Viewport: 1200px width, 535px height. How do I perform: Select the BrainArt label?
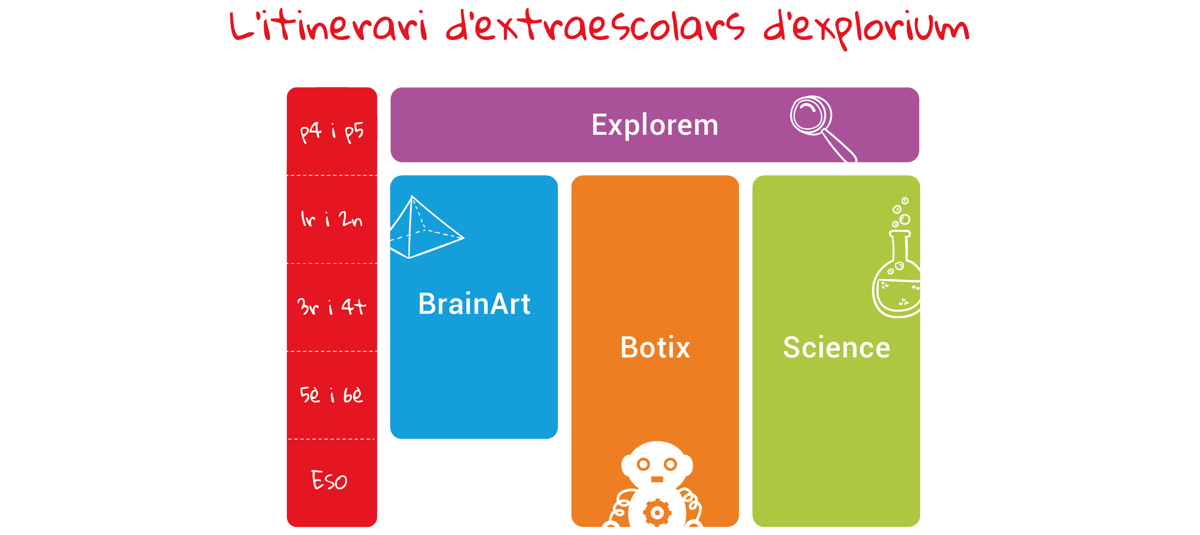pos(474,303)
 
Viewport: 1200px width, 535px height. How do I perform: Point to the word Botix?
pos(655,347)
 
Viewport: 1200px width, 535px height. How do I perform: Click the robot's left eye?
pos(643,464)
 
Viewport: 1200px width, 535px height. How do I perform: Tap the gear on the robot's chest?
pos(657,513)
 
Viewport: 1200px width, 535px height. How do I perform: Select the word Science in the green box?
pos(837,347)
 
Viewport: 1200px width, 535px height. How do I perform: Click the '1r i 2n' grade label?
pos(332,219)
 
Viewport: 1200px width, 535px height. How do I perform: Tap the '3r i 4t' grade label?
pos(332,306)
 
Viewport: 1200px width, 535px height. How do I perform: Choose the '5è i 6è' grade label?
pos(331,394)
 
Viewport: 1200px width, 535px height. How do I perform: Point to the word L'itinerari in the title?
pos(328,25)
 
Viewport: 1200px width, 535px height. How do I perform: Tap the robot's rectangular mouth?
pos(657,479)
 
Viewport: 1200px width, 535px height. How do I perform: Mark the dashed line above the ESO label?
pos(332,439)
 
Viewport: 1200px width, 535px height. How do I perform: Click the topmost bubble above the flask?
pos(905,201)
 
